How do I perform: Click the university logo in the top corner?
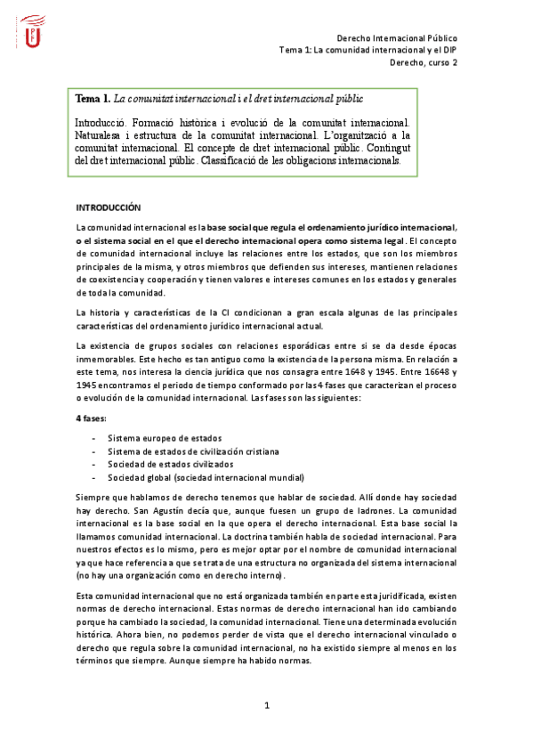pyautogui.click(x=33, y=31)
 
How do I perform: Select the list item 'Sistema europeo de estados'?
pyautogui.click(x=165, y=438)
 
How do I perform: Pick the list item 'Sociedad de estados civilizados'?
pyautogui.click(x=171, y=463)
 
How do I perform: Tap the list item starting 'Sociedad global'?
pyautogui.click(x=206, y=476)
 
